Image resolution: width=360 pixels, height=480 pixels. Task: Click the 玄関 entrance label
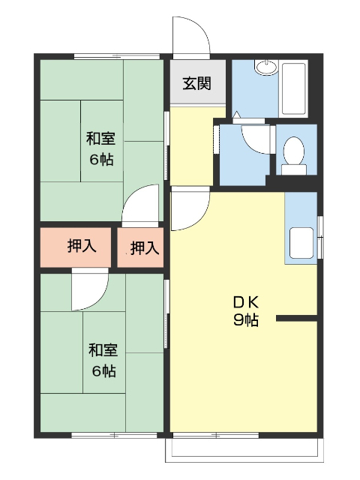196,82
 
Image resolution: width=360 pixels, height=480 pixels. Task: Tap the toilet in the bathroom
295,152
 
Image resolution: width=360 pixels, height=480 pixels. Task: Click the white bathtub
293,88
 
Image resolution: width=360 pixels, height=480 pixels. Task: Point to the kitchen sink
301,243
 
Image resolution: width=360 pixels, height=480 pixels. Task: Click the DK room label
245,303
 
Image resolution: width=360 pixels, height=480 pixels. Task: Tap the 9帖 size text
245,321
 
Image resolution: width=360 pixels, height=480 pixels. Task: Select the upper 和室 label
100,139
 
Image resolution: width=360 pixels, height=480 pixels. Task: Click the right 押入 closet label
144,247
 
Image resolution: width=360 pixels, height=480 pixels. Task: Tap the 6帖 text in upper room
101,159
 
